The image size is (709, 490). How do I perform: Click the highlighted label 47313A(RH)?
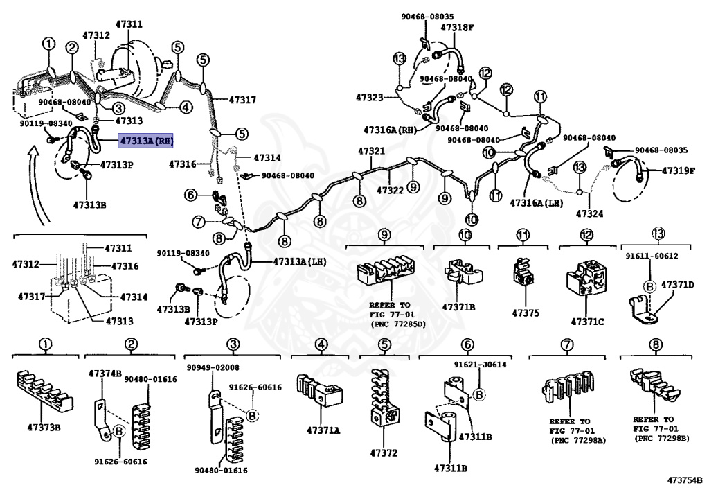point(145,141)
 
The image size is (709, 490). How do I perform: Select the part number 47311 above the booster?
point(129,24)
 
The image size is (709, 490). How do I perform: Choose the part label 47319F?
point(677,170)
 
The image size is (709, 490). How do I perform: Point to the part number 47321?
point(371,151)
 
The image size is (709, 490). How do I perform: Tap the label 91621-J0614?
point(480,364)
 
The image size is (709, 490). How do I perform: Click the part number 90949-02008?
point(213,367)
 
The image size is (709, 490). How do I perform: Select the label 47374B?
point(105,373)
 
